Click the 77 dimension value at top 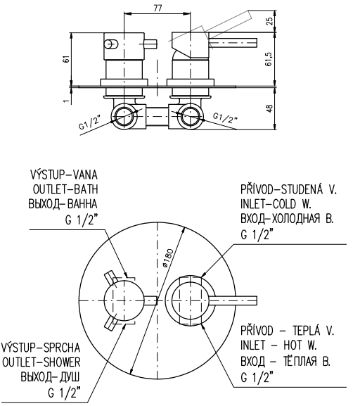point(157,8)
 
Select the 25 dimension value point(269,20)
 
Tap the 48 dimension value point(269,108)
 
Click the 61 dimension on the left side point(67,59)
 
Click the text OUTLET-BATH point(65,189)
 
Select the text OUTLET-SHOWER point(41,362)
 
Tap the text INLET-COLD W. point(276,204)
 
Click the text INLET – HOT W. point(278,345)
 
